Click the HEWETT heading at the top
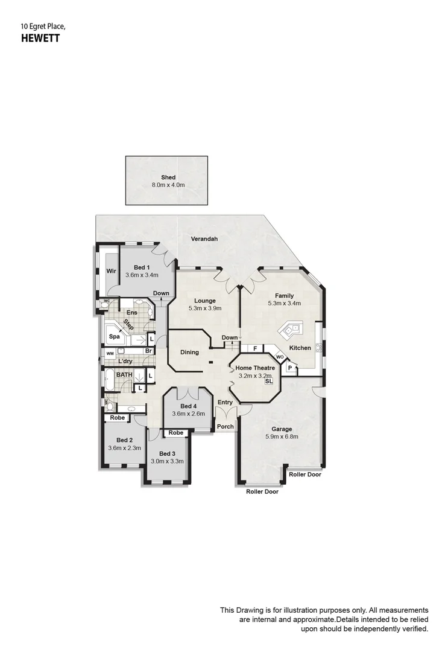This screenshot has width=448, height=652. pyautogui.click(x=40, y=38)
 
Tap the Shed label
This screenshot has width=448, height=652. pyautogui.click(x=168, y=177)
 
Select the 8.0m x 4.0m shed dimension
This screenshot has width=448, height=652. pyautogui.click(x=168, y=185)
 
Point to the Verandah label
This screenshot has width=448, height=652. pyautogui.click(x=204, y=239)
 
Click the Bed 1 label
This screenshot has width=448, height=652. pyautogui.click(x=142, y=267)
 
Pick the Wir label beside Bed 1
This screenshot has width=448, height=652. pyautogui.click(x=111, y=271)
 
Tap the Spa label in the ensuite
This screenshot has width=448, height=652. pyautogui.click(x=114, y=337)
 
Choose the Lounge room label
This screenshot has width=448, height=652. pyautogui.click(x=205, y=300)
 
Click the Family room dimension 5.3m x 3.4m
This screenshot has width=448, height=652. pyautogui.click(x=285, y=304)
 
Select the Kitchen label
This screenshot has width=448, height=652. pyautogui.click(x=300, y=348)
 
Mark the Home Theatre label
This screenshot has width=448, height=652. pyautogui.click(x=255, y=368)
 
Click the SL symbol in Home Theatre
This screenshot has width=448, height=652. pyautogui.click(x=268, y=382)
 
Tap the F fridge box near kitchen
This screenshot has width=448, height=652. pyautogui.click(x=255, y=349)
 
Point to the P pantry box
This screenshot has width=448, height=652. pyautogui.click(x=290, y=368)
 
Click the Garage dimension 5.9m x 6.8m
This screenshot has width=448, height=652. pyautogui.click(x=282, y=436)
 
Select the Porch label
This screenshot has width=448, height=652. pyautogui.click(x=226, y=427)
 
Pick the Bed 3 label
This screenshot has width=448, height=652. pyautogui.click(x=168, y=453)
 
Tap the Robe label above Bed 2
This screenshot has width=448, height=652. pyautogui.click(x=118, y=418)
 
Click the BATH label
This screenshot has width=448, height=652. pyautogui.click(x=124, y=375)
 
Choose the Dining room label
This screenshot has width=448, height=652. pyautogui.click(x=189, y=353)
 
